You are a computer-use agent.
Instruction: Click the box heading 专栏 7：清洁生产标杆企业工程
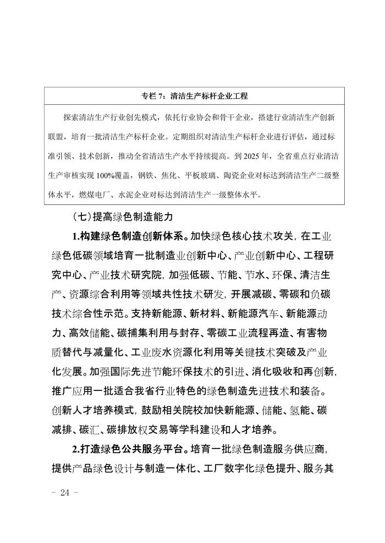192,96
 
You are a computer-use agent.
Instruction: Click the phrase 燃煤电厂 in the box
95,194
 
